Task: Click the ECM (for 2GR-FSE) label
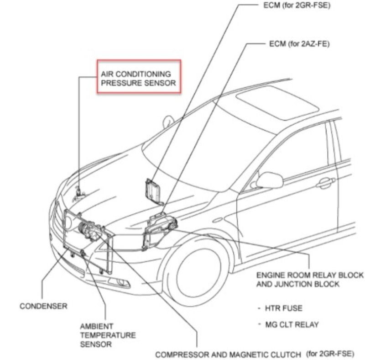[x=297, y=5]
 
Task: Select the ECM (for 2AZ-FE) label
[x=299, y=44]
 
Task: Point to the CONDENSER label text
[x=43, y=306]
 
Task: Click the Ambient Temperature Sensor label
[x=108, y=335]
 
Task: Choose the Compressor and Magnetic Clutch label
[x=255, y=355]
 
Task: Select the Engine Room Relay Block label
[x=310, y=280]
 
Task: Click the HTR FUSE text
[x=283, y=308]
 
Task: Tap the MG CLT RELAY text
[x=292, y=324]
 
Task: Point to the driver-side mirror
[x=270, y=180]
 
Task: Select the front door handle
[x=325, y=183]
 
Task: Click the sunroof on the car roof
[x=277, y=103]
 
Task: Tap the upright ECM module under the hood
[x=153, y=191]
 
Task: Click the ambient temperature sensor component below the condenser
[x=83, y=253]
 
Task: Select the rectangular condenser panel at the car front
[x=88, y=240]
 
